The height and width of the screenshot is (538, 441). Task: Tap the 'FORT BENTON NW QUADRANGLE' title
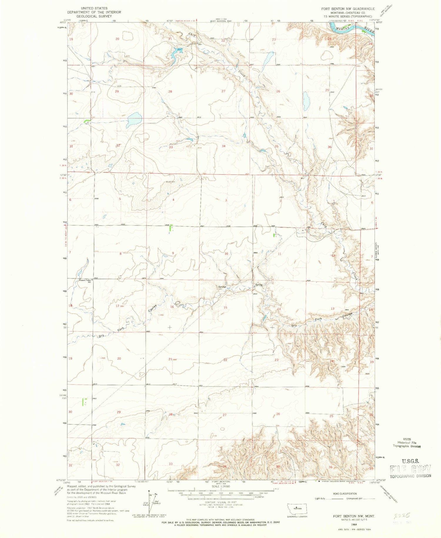pos(348,9)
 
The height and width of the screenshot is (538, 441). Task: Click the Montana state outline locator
pos(297,508)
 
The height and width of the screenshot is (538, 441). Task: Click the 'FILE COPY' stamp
pos(410,470)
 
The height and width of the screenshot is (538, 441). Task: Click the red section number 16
pos(172,307)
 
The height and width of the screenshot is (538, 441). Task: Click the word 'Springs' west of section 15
pos(222,287)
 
